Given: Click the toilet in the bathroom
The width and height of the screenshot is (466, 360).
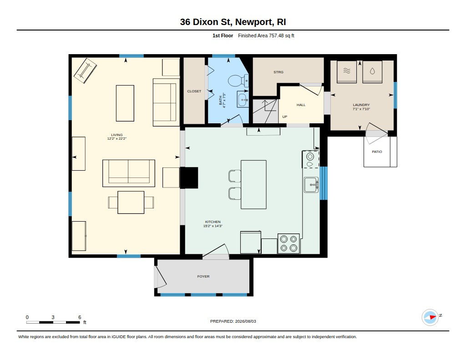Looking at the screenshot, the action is [238, 81].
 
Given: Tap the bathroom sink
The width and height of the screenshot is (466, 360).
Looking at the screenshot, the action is [243, 99].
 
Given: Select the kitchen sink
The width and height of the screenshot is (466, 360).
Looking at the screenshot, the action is [311, 185].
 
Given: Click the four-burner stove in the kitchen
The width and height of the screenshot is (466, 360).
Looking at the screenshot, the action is [289, 243].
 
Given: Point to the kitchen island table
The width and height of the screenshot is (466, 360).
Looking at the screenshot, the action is [253, 185].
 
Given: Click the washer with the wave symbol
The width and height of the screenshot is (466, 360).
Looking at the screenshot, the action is [346, 71].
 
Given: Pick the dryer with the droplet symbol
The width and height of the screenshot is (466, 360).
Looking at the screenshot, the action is [372, 71].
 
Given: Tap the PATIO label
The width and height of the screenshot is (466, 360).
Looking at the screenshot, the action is [377, 152].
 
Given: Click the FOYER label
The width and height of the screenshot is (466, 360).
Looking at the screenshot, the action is [203, 276].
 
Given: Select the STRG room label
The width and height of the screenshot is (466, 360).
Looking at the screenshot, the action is [279, 72].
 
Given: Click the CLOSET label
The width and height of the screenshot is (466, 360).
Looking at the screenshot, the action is [194, 91].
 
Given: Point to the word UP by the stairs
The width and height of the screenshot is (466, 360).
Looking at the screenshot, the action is [285, 117].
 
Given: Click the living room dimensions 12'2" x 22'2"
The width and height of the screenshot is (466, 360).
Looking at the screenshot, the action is [117, 138].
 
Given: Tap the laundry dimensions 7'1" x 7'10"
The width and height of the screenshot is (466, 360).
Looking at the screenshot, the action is [361, 109].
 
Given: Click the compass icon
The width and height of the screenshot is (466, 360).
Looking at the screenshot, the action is [430, 317].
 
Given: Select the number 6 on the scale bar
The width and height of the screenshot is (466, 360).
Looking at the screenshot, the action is [80, 317].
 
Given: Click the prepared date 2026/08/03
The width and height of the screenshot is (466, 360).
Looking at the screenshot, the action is [245, 321].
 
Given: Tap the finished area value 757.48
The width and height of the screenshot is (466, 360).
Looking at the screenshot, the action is [276, 35].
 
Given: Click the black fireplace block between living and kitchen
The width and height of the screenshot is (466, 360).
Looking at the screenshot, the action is [189, 178].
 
